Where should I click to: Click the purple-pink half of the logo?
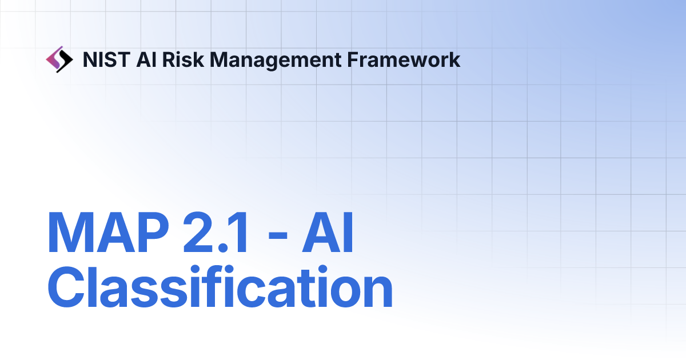click(53, 57)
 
